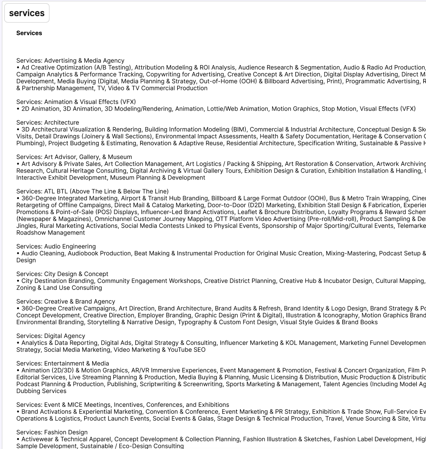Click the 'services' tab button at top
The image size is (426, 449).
point(27,13)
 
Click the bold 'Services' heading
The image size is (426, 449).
point(29,33)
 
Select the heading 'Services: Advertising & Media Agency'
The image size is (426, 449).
point(70,61)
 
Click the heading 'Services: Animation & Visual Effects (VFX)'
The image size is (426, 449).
point(76,102)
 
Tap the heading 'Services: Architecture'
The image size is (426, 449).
point(48,123)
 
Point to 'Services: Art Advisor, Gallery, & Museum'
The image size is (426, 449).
point(74,157)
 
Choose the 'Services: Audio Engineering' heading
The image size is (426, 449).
point(56,247)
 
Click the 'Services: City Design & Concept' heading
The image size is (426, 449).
point(62,274)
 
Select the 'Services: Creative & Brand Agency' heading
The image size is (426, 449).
point(66,302)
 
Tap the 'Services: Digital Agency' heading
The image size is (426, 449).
point(51,336)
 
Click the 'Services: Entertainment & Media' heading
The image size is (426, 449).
point(62,363)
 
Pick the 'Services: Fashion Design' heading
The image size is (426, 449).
point(52,432)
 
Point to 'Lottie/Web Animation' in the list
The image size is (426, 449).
point(237,109)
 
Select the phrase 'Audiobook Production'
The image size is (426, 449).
point(99,253)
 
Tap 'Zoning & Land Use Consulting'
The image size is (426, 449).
point(59,288)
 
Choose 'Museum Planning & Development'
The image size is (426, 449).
point(157,178)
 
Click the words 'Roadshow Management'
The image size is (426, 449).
point(51,233)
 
